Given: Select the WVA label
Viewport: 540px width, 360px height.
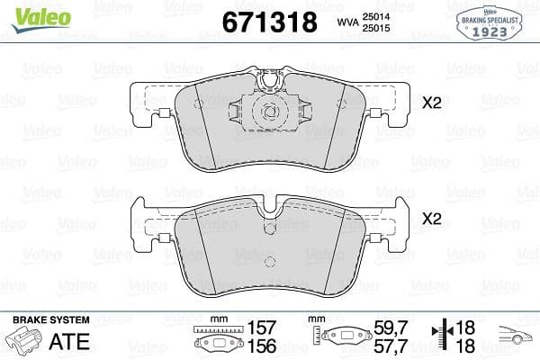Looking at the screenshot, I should click(346, 22).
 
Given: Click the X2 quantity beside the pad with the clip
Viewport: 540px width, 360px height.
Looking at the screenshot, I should click(433, 103).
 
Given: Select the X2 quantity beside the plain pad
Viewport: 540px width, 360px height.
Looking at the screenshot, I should click(433, 219).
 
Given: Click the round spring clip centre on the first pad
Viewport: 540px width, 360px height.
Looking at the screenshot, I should click(266, 112).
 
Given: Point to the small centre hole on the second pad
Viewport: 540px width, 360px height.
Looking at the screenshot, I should click(266, 229).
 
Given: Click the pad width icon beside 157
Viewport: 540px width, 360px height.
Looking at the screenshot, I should click(215, 338).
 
